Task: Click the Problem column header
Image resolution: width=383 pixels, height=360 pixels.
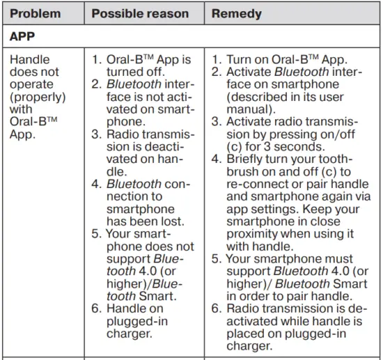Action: point(34,14)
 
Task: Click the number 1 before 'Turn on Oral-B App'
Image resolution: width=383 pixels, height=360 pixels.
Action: point(215,60)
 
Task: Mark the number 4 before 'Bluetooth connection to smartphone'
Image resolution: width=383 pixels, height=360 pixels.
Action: point(96,185)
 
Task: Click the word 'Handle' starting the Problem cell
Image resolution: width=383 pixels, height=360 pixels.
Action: point(30,60)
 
